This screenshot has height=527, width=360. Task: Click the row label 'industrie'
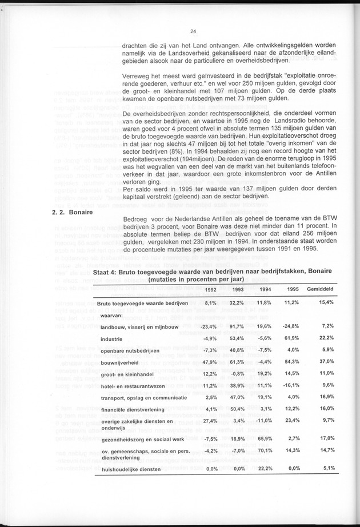pyautogui.click(x=113, y=340)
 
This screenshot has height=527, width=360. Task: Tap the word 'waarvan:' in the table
pyautogui.click(x=113, y=314)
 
